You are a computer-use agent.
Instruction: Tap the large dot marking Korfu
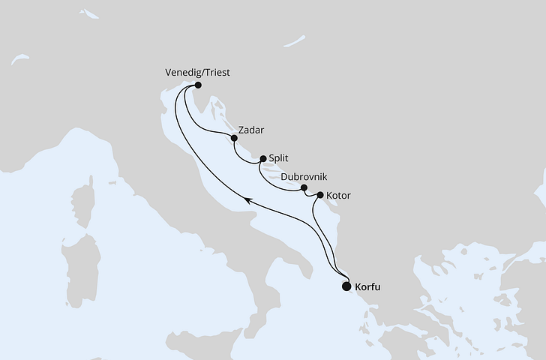pyautogui.click(x=346, y=286)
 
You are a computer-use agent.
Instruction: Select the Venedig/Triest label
pyautogui.click(x=197, y=73)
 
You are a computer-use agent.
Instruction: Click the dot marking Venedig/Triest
pyautogui.click(x=198, y=85)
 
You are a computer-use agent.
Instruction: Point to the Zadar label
pyautogui.click(x=250, y=130)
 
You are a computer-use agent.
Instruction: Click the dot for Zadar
pyautogui.click(x=234, y=138)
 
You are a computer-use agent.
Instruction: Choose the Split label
pyautogui.click(x=279, y=158)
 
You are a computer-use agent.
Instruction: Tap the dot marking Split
pyautogui.click(x=262, y=159)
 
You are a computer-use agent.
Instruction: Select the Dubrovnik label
pyautogui.click(x=304, y=178)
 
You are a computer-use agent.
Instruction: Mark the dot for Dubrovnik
pyautogui.click(x=304, y=188)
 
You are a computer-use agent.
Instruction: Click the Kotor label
pyautogui.click(x=338, y=196)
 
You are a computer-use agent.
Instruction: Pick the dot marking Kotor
pyautogui.click(x=321, y=196)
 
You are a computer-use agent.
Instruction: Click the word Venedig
pyautogui.click(x=181, y=73)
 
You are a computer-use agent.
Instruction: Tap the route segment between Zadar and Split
pyautogui.click(x=244, y=154)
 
